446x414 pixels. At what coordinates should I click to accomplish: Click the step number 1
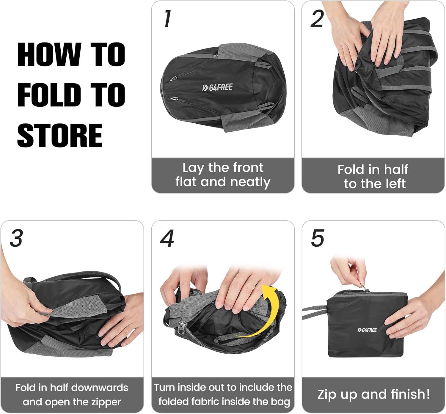pyautogui.click(x=167, y=19)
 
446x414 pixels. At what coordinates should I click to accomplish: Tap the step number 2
pyautogui.click(x=317, y=19)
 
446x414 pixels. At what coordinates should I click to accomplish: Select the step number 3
pyautogui.click(x=16, y=238)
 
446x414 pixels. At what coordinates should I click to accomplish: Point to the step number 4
pyautogui.click(x=167, y=238)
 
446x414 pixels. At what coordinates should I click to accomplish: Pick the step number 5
pyautogui.click(x=318, y=238)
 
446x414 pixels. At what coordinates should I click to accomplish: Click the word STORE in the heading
pyautogui.click(x=60, y=136)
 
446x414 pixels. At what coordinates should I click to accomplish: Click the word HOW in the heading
pyautogui.click(x=49, y=54)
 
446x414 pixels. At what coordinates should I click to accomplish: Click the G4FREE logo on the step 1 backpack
pyautogui.click(x=217, y=87)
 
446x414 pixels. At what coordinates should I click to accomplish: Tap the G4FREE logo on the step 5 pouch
pyautogui.click(x=367, y=330)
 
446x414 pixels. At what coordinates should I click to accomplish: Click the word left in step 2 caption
pyautogui.click(x=395, y=184)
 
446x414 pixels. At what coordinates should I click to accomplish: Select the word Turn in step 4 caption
pyautogui.click(x=164, y=387)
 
